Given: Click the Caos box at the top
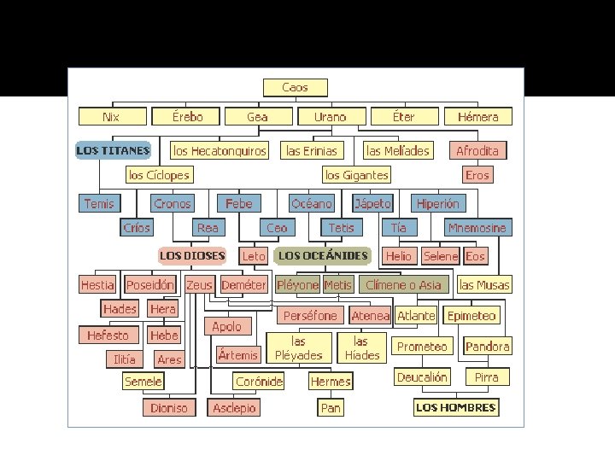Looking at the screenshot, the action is coord(295,87).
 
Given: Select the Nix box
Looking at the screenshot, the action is coord(111,117).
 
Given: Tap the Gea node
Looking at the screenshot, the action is coord(257,117).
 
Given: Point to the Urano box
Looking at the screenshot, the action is coord(331,117).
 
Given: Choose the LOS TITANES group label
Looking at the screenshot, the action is coord(113,151).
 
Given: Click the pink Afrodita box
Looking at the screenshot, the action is coord(477,151).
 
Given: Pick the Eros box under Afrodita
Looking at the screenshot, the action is coord(477,175).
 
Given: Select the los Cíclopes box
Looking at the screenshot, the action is coord(159,175).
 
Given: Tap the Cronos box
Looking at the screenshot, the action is coord(173,203).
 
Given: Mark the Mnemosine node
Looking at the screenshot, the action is coord(477,228).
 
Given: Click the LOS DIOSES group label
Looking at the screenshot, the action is coord(192,255).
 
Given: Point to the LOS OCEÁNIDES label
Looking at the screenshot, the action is coord(323,255).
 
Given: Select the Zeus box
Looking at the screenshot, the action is coord(199,285).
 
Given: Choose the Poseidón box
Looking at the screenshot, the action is coord(150,285).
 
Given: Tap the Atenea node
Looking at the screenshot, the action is coord(371,316).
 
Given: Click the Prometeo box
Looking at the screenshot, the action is coord(422,347).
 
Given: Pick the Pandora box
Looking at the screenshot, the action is coord(488,347).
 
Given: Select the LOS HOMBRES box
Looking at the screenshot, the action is coord(455,408).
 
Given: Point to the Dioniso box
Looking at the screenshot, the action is coord(169,408).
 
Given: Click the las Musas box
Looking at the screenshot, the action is coord(484,285).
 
